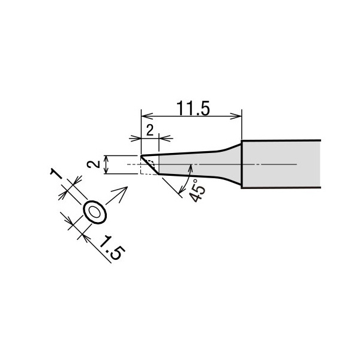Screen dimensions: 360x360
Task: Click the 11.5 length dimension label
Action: (193, 109)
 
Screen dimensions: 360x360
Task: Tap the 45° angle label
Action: (197, 190)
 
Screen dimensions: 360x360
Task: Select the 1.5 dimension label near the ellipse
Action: (112, 247)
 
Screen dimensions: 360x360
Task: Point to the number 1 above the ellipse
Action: (56, 173)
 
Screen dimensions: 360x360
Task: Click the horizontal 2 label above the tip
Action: (149, 130)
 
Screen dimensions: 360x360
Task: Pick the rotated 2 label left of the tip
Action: (93, 164)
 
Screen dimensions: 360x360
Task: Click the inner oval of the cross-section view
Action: (95, 212)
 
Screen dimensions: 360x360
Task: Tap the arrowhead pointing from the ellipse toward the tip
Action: (122, 192)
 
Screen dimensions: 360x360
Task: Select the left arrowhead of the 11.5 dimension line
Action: (147, 116)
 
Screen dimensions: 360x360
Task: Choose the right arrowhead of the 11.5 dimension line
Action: (236, 116)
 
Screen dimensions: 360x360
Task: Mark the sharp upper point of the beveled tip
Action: (141, 157)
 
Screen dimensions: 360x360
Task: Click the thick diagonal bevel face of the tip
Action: (150, 166)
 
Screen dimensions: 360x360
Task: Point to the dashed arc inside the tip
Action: (152, 162)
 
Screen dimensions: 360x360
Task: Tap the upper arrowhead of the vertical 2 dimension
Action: (106, 158)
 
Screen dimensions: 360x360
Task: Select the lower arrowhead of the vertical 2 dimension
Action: (106, 171)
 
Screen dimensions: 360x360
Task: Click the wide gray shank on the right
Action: (281, 164)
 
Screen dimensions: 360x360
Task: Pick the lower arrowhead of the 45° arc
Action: (182, 190)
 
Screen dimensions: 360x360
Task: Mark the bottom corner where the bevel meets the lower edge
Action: (159, 174)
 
